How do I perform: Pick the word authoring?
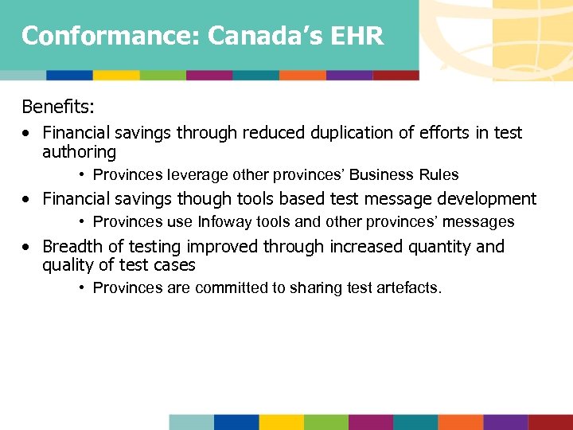(x=79, y=152)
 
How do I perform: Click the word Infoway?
(x=229, y=222)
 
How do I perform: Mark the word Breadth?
(x=72, y=247)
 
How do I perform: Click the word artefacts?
(x=409, y=288)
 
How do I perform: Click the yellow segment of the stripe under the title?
(x=116, y=76)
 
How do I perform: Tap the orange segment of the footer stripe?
(x=460, y=422)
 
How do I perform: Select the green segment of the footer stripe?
(x=325, y=422)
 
